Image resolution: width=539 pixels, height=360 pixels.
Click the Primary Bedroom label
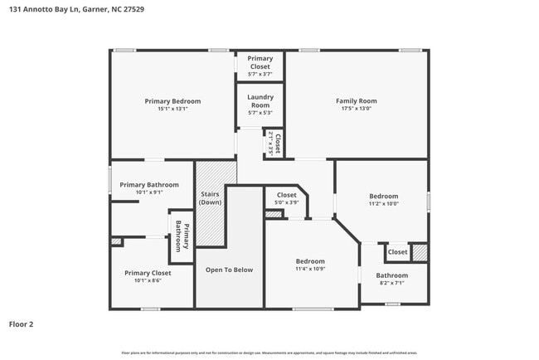coord(172,101)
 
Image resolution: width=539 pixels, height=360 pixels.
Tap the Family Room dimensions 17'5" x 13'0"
coord(356,109)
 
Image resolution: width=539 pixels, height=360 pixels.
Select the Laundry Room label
coord(260,101)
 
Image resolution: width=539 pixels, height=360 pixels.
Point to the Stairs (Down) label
coord(210,198)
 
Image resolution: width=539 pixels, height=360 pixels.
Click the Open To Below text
coord(229,270)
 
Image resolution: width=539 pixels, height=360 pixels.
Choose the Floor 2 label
coord(22,324)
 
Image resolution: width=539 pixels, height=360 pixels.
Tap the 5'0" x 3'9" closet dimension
coord(286,202)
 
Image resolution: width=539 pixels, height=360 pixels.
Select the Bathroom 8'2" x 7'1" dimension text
coord(391,283)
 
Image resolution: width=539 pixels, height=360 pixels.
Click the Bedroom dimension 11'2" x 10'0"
coord(383,203)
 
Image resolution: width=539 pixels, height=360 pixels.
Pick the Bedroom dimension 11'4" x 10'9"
coord(310,268)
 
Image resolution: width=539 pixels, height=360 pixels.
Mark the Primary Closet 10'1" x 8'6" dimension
coord(148,280)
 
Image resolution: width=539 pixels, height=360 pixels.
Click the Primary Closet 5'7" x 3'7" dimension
coord(260,74)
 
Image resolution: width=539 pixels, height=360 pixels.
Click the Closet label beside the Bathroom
coord(397,252)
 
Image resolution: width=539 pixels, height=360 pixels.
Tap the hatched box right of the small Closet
coord(420,251)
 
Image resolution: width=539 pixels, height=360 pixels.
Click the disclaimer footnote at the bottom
coord(269,352)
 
